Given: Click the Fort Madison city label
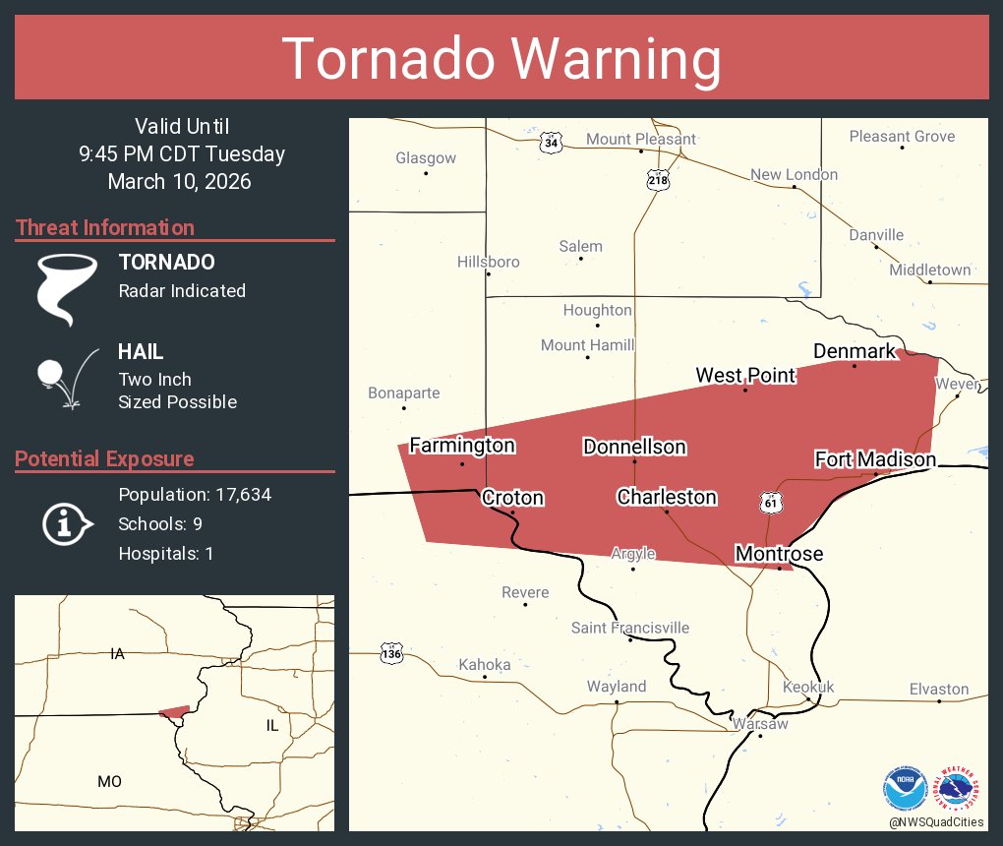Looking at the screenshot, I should click(x=875, y=459).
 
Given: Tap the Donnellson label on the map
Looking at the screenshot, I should click(x=634, y=447).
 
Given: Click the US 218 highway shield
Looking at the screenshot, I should click(x=658, y=181).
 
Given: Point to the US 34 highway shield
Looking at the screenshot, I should click(x=551, y=143).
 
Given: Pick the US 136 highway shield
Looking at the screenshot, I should click(x=390, y=652).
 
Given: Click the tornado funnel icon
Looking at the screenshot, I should click(x=66, y=288).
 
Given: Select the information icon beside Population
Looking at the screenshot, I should click(x=66, y=523).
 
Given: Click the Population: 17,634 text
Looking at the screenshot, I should click(x=195, y=494).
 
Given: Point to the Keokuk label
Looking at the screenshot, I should click(x=808, y=687).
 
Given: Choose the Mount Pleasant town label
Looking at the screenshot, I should click(x=641, y=139).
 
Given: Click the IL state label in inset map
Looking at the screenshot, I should click(x=272, y=725).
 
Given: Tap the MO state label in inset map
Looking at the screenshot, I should click(x=109, y=781).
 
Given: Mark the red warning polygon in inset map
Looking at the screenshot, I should click(x=174, y=711).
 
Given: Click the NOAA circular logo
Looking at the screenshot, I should click(x=905, y=789).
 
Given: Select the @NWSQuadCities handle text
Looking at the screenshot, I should click(x=935, y=821).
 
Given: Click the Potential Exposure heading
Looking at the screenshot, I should click(x=104, y=458).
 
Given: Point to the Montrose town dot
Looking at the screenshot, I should click(x=780, y=568).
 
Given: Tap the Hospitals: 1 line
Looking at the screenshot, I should click(x=165, y=553).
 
